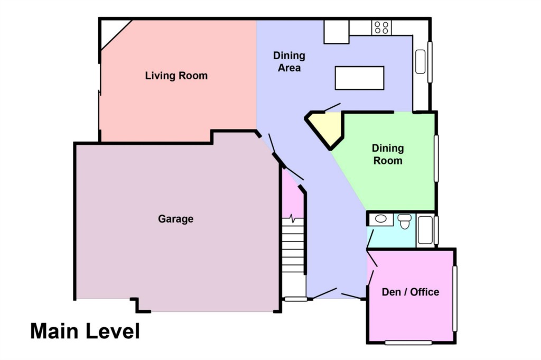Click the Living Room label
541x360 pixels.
176,76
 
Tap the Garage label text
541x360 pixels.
175,219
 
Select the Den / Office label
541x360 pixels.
410,292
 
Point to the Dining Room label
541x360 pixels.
388,154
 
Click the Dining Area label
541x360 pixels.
289,61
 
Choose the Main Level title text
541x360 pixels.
85,331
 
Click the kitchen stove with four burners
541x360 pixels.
381,27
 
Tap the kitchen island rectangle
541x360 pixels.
359,78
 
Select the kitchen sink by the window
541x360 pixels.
420,62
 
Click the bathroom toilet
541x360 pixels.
404,221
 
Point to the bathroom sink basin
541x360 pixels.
381,219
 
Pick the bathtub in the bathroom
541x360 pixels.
426,230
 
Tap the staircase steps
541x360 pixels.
293,245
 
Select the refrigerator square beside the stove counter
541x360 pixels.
337,32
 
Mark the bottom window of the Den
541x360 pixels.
408,343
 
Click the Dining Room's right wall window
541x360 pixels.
436,159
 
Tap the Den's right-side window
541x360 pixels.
455,299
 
